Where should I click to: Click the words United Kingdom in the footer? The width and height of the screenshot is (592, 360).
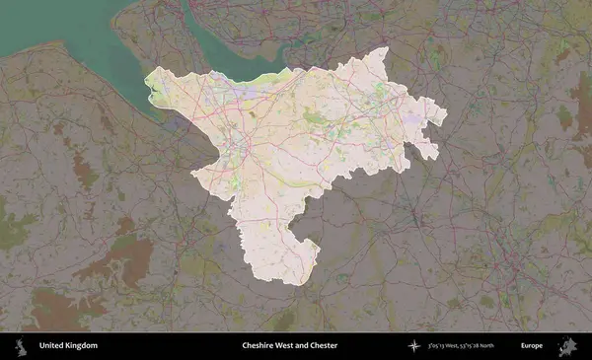tap(68, 345)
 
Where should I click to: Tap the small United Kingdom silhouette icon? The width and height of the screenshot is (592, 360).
tap(20, 345)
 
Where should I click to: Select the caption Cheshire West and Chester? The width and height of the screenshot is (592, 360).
tap(290, 345)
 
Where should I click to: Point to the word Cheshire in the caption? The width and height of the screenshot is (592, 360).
tap(259, 345)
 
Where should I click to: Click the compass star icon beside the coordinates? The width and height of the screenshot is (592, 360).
tap(414, 345)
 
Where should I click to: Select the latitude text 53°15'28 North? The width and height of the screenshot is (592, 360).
tap(495, 345)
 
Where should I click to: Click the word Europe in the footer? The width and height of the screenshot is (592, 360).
tap(533, 345)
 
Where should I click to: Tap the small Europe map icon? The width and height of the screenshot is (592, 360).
tap(566, 345)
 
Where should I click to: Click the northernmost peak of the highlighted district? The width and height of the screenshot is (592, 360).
tap(385, 49)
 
